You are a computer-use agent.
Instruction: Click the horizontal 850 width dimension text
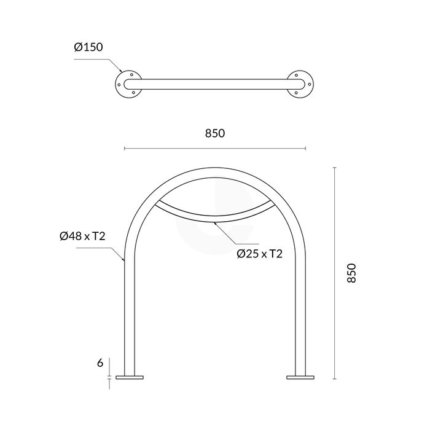214,133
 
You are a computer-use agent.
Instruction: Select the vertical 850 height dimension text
351,273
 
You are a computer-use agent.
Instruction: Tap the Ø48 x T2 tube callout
82,237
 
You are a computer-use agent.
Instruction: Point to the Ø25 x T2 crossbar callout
259,253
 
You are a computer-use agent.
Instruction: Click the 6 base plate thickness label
100,362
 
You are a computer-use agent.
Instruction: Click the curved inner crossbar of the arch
214,219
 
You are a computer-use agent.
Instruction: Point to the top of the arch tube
214,170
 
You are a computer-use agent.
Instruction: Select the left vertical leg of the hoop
128,307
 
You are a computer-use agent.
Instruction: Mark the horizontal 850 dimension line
184,148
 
